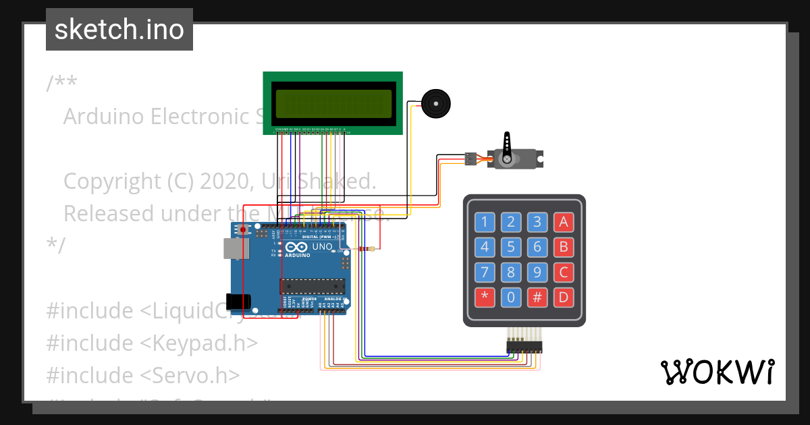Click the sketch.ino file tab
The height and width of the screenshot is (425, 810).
[119, 30]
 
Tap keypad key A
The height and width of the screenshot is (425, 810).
[563, 222]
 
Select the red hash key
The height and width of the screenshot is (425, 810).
[537, 297]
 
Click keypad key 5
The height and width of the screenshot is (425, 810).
[511, 247]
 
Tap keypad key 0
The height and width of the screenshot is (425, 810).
[511, 297]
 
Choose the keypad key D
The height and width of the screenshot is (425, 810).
[563, 297]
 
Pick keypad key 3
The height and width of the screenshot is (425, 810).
[537, 222]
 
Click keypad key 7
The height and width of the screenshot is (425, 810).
[485, 272]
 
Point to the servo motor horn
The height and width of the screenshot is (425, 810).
[506, 145]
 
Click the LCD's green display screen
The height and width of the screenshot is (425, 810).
[333, 103]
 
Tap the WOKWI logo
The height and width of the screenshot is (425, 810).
[717, 372]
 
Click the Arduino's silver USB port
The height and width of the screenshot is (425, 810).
[236, 250]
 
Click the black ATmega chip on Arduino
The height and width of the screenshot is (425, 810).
[312, 285]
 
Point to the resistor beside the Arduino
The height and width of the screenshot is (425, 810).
[368, 249]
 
